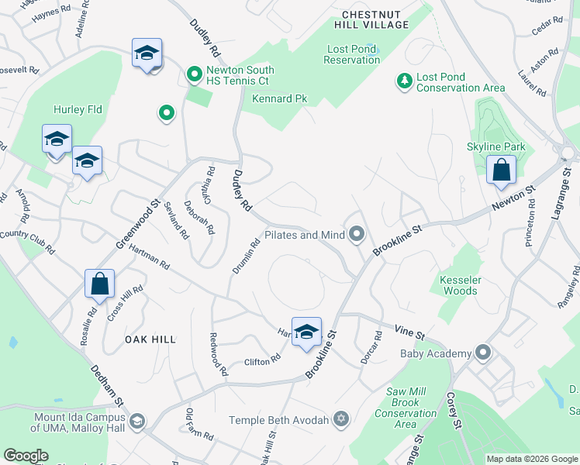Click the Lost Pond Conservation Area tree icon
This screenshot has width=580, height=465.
point(404,81)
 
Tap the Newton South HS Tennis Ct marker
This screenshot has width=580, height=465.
point(195,75)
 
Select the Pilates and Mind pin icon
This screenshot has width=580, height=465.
point(357,234)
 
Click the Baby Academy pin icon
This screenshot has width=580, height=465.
point(484,353)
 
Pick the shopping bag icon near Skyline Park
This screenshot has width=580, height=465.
point(502,169)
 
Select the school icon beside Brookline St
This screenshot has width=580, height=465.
point(306,331)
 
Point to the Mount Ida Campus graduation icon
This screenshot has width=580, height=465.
point(137,421)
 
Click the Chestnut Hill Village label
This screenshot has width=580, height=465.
point(375,19)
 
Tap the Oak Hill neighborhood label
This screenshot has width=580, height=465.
point(150,339)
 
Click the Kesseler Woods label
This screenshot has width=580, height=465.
point(458,284)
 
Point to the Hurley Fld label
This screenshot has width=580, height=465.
point(78,110)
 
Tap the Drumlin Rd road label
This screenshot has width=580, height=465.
point(246,256)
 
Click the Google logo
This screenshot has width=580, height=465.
point(26,456)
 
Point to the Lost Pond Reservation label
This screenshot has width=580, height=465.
point(352,54)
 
